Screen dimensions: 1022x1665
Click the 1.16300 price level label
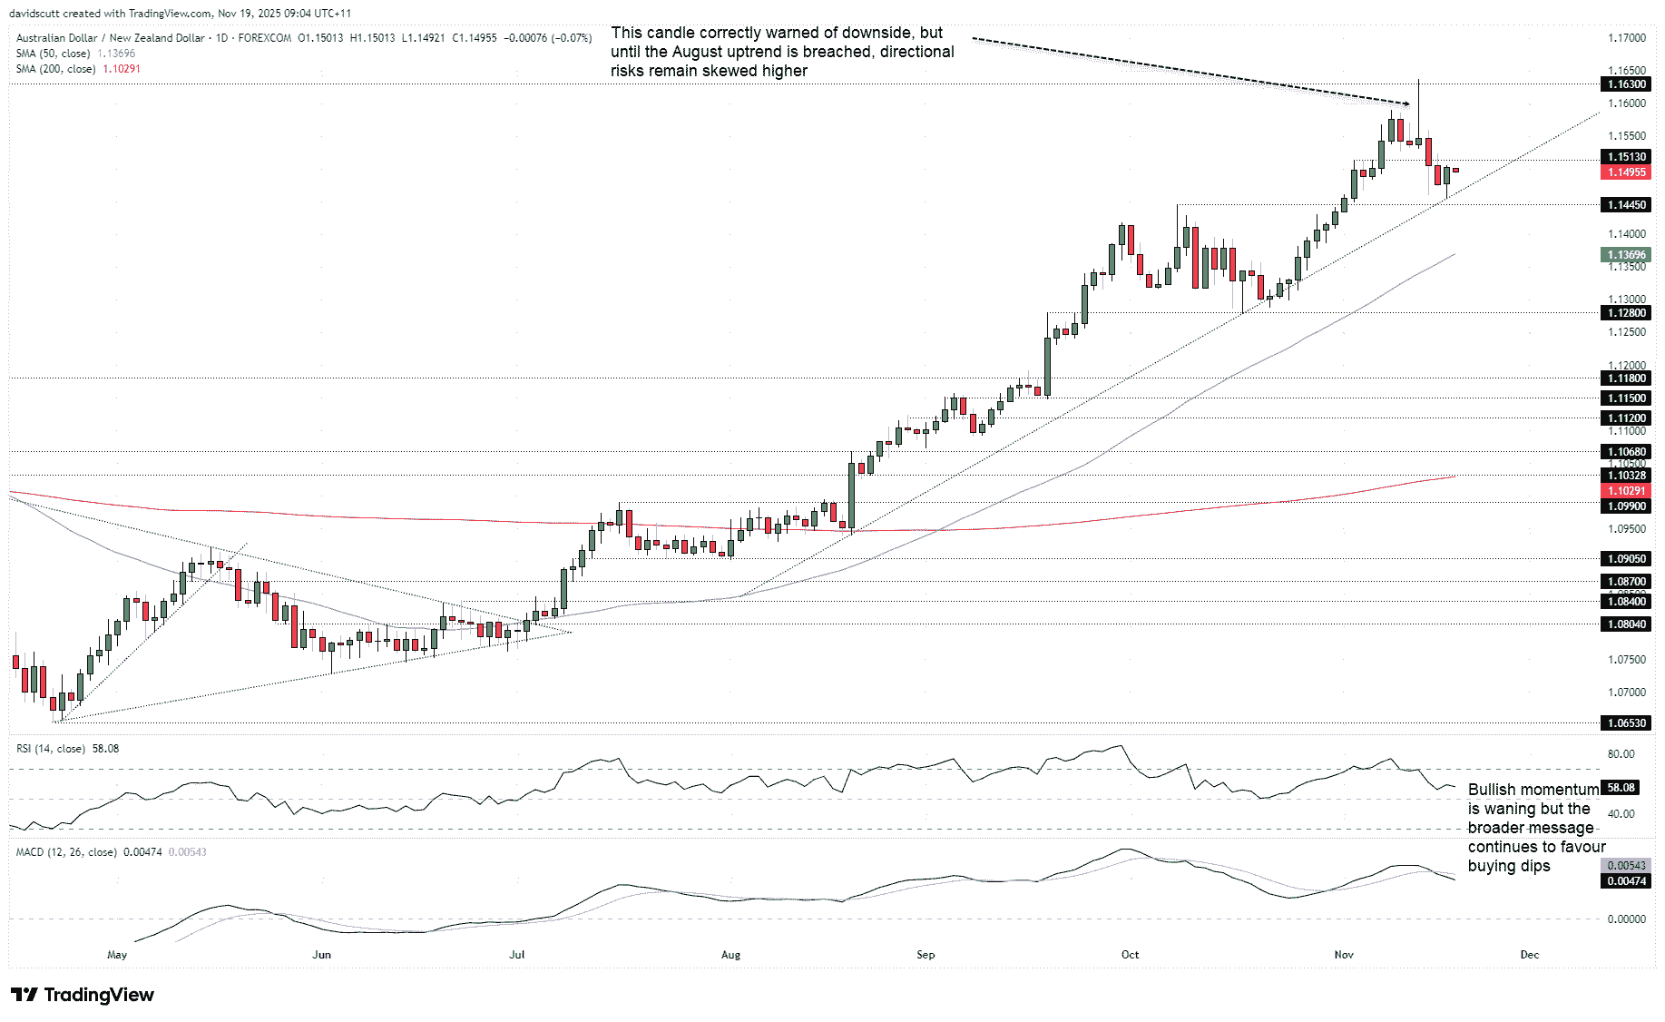1627,84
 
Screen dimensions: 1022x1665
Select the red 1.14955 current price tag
1627,172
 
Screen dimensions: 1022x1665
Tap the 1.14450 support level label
1627,205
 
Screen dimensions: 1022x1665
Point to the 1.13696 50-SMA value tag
1627,255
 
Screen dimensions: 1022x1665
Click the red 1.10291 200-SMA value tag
1627,491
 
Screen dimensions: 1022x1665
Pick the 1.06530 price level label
1627,723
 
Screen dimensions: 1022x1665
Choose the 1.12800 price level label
1627,313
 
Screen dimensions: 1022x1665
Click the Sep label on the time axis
926,955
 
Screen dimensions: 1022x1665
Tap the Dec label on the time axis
1530,955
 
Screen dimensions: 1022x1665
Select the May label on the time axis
117,955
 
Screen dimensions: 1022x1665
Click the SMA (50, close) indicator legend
53,54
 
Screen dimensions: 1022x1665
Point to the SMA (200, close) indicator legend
55,69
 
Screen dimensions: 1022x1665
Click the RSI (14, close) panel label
51,749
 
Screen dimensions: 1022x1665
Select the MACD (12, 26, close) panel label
66,852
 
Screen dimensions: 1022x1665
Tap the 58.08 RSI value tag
1621,788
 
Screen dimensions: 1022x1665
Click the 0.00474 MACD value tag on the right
1627,881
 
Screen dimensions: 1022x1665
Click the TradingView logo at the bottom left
83,995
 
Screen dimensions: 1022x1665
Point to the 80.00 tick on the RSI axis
1621,754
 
